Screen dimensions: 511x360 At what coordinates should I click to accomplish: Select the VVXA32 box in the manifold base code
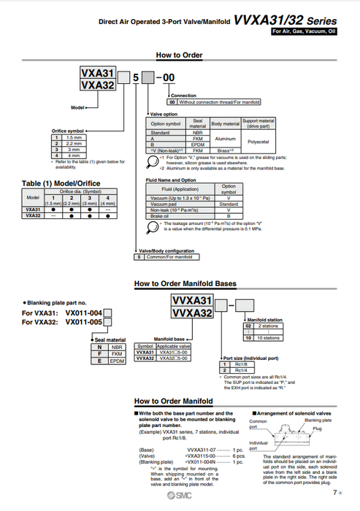pos(191,313)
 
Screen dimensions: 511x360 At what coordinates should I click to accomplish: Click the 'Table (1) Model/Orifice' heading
pos(61,182)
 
